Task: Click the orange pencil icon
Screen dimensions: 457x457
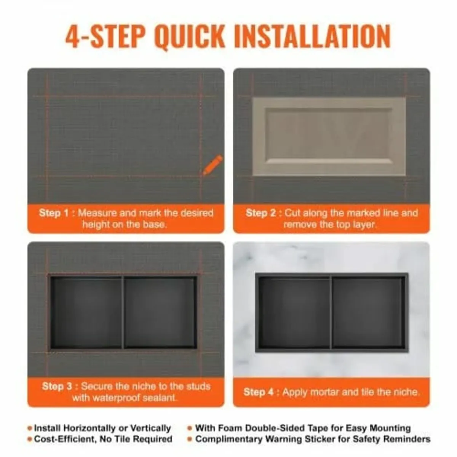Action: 213,165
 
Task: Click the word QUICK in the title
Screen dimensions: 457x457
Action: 190,37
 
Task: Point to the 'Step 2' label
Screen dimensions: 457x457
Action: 261,213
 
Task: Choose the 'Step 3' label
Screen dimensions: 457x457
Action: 57,386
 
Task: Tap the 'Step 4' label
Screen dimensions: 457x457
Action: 259,392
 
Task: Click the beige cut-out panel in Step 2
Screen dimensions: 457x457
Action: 329,136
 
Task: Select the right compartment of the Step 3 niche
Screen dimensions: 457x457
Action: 160,312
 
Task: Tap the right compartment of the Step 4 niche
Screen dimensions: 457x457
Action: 367,312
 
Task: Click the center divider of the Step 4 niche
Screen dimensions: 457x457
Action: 331,312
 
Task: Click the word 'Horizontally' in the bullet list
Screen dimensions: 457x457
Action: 91,428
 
